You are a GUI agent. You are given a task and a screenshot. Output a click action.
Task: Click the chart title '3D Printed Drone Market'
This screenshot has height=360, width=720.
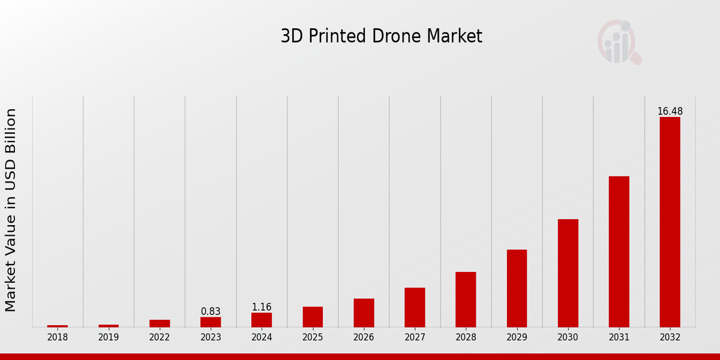coord(381,37)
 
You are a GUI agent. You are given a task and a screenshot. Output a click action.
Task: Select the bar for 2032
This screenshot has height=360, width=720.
coord(670,222)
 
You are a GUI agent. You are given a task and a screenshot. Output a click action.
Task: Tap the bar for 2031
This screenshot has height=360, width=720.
coord(619,251)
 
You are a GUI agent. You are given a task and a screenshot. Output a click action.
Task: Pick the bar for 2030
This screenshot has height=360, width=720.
coord(568,273)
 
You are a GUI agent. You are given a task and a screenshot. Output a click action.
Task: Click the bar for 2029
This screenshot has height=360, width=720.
coord(517,288)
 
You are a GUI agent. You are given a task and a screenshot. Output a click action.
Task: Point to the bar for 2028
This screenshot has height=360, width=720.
coord(466,299)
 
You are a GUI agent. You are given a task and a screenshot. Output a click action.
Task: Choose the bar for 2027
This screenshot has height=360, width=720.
coord(415,307)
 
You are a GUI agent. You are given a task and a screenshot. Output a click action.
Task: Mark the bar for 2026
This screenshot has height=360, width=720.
coord(364,313)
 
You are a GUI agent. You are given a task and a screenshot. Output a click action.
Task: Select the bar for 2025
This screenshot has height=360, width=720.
coord(313,317)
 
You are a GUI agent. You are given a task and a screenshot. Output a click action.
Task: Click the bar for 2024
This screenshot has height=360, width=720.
coord(262,320)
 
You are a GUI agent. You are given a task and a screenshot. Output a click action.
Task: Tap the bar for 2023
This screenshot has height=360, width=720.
coord(211,322)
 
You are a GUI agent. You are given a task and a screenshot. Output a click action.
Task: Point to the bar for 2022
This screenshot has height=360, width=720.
coord(160,323)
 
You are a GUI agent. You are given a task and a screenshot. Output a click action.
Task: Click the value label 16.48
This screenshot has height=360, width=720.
coord(670,112)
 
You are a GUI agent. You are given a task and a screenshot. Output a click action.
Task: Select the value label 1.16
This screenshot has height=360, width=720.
coord(262,307)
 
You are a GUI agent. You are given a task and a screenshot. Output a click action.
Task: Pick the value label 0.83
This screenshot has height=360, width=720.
coord(211,311)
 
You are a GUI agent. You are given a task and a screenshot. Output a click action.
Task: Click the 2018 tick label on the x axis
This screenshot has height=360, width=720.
coord(58,337)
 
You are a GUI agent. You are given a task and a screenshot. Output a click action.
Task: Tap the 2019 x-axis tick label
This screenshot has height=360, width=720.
coord(109,337)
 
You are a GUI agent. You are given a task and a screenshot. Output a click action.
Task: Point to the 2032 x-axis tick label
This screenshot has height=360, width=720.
coord(670,337)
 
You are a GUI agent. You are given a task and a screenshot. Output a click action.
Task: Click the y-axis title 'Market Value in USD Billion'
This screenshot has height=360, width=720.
coord(11,210)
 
